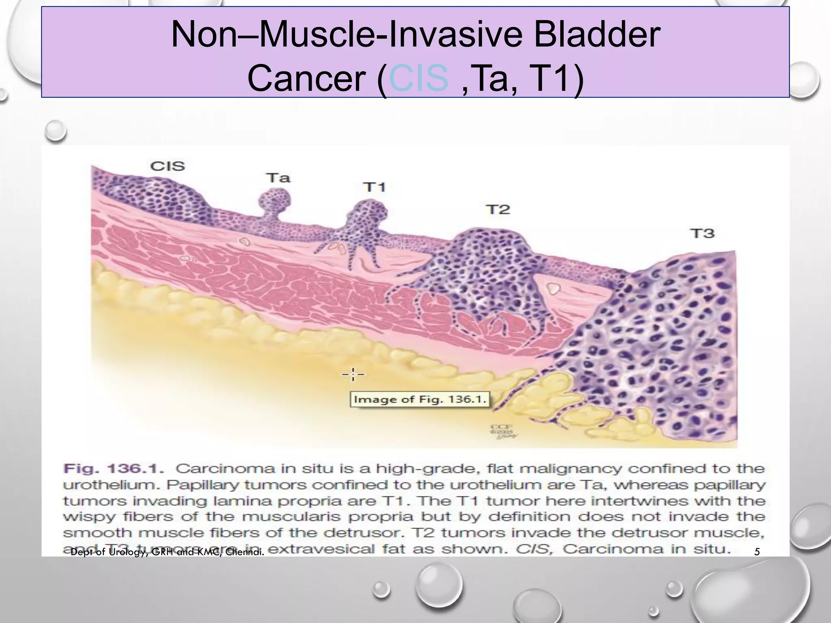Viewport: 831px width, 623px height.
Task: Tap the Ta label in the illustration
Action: click(278, 178)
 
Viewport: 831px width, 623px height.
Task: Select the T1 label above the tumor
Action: click(374, 187)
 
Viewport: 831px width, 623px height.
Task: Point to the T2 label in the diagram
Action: click(497, 209)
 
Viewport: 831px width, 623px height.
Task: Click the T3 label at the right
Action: click(702, 234)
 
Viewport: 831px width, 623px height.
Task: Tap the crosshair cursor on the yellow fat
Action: click(353, 374)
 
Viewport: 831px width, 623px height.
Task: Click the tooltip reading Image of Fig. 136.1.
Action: click(420, 399)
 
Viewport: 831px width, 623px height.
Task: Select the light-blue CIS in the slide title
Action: click(418, 79)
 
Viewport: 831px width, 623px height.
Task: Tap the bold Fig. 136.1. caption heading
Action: click(114, 469)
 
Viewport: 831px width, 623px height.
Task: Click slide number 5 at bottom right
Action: click(757, 552)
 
